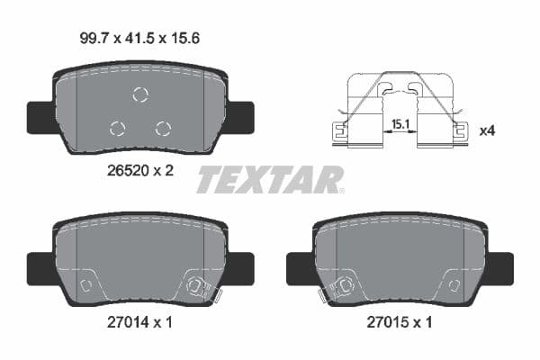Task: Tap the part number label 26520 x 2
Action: tap(140, 168)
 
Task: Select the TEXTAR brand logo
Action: tap(270, 180)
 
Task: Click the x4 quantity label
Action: tap(486, 131)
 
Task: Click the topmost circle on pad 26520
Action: tap(140, 94)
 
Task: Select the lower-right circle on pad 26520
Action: tap(163, 128)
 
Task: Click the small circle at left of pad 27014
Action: tap(86, 285)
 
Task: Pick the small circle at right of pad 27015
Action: tap(454, 285)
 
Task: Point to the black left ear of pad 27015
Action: tap(298, 266)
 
